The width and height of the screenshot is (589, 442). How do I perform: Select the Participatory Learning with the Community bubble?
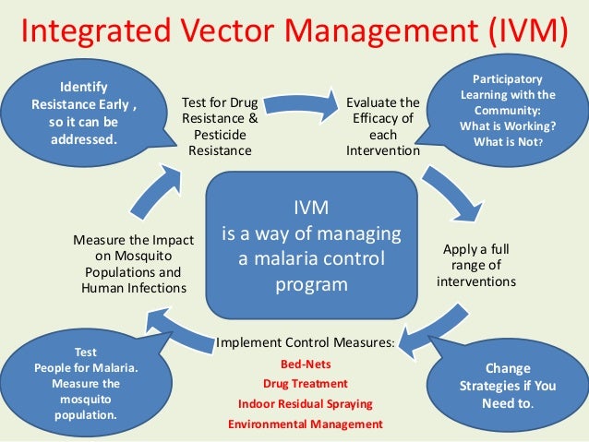pos(512,110)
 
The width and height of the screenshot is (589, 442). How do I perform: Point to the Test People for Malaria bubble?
pos(83,382)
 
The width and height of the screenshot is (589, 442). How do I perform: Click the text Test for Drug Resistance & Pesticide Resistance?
pos(219,125)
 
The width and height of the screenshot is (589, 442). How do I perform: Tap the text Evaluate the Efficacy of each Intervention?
pos(382,125)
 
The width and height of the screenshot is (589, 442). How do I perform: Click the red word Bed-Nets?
pos(304,364)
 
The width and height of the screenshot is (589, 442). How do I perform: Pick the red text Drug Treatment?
pos(305,384)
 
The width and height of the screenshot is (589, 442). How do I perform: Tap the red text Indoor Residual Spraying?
pos(305,404)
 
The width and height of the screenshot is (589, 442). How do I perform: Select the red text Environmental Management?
pos(305,424)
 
